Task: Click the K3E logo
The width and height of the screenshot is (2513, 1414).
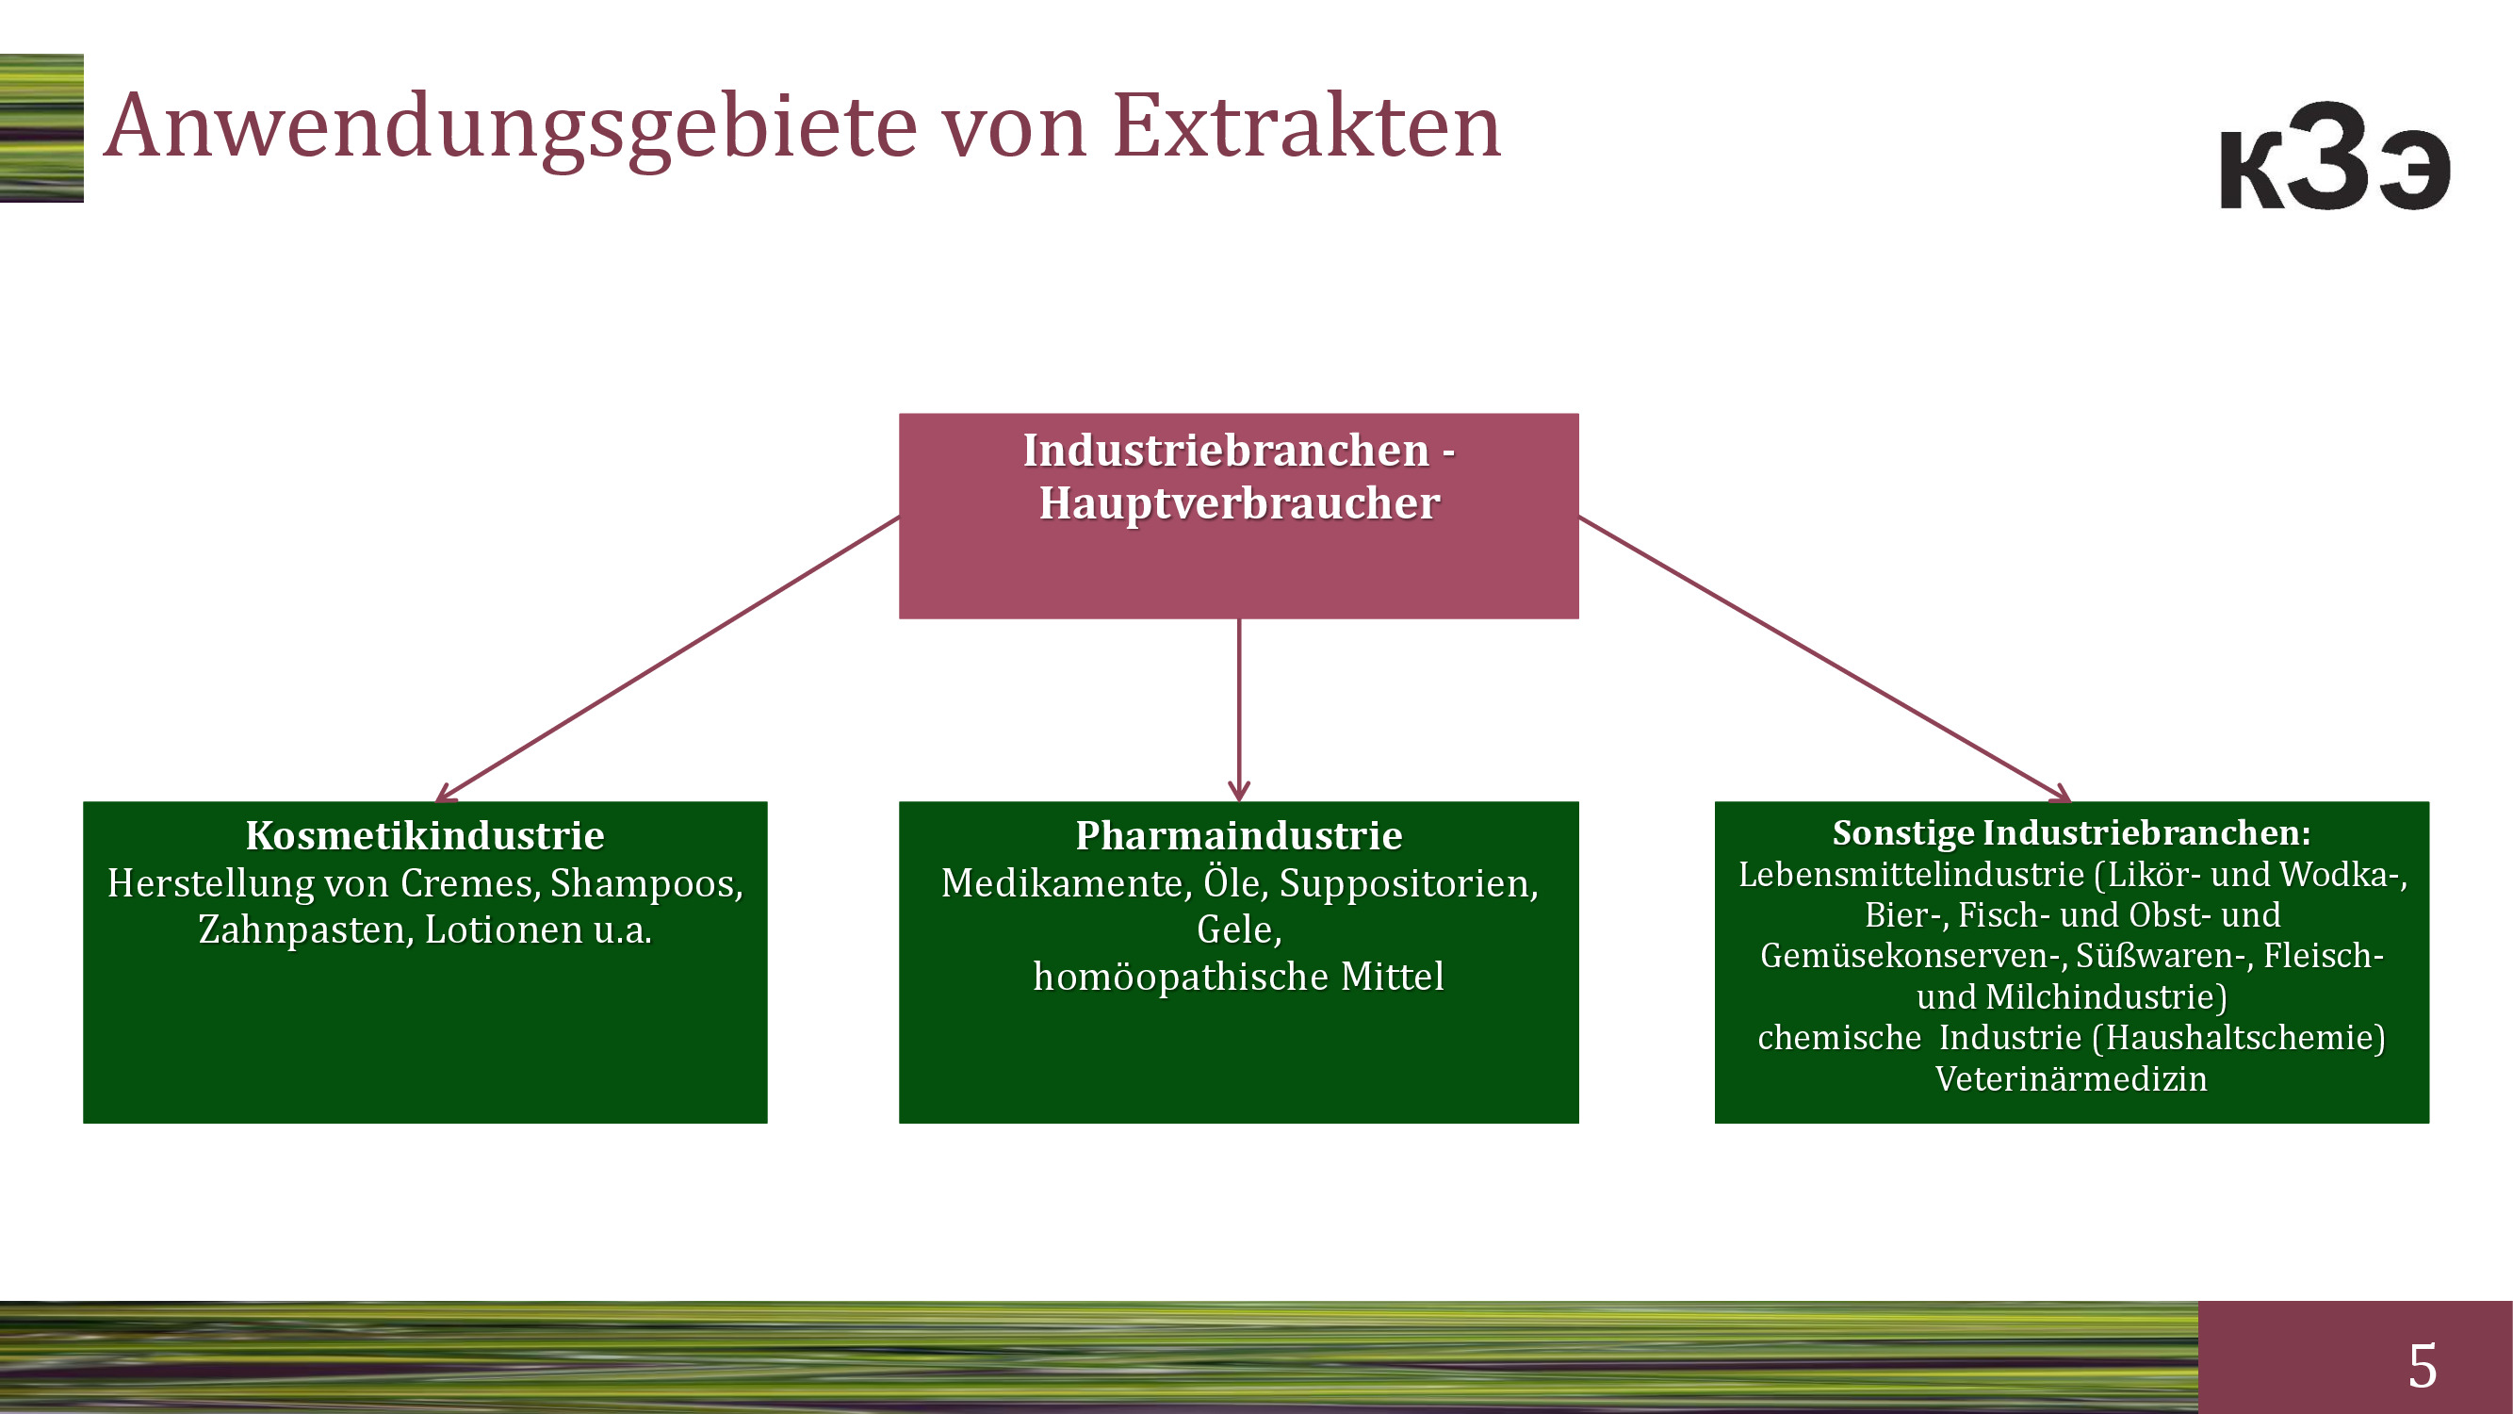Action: [x=2336, y=156]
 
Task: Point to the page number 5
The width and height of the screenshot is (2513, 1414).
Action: [x=2423, y=1364]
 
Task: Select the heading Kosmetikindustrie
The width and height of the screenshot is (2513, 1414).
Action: [x=425, y=835]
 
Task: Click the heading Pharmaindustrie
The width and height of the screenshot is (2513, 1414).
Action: [x=1239, y=835]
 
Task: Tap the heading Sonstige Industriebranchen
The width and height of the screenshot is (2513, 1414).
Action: [x=2071, y=832]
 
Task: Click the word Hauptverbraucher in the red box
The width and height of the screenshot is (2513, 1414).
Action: [x=1239, y=503]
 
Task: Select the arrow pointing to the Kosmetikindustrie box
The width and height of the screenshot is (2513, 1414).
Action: [x=667, y=659]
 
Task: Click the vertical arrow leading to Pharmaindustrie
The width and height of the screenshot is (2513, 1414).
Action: [x=1239, y=711]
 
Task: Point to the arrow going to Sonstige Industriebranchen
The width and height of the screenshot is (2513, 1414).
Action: [x=1824, y=659]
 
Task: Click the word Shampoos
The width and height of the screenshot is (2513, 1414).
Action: [x=646, y=883]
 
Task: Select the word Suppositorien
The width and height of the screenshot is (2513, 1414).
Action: [x=1409, y=883]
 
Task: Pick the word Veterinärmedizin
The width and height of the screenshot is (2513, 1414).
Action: [x=2071, y=1078]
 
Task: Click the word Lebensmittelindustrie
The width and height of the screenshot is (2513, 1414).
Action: [x=1911, y=875]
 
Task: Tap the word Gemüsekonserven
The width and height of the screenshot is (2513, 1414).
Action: [x=1913, y=955]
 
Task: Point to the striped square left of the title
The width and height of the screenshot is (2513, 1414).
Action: [x=41, y=128]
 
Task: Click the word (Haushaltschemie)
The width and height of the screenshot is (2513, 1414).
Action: [x=2239, y=1037]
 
